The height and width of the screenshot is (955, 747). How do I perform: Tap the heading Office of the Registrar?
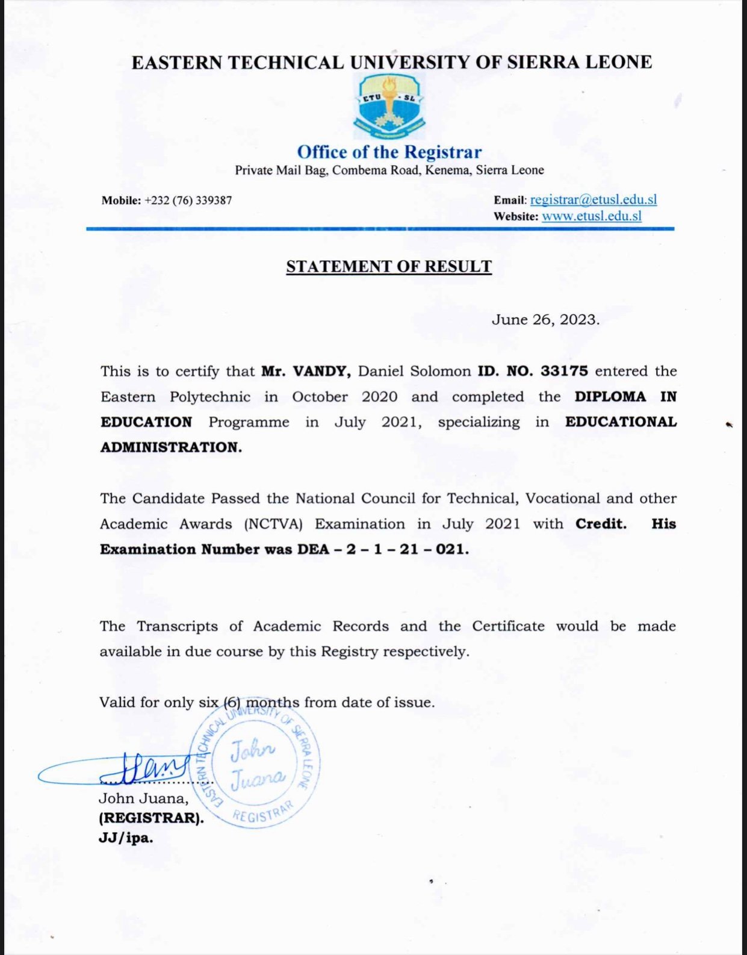click(389, 152)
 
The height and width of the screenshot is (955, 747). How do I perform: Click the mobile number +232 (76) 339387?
click(188, 201)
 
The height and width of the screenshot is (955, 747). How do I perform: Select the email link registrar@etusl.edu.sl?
click(593, 200)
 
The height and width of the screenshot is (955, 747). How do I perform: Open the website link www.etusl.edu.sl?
click(591, 216)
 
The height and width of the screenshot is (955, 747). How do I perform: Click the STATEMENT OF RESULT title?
click(389, 267)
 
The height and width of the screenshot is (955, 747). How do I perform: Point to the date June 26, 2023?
click(545, 320)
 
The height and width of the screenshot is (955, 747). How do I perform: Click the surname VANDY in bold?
click(321, 371)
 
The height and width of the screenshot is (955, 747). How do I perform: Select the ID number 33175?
click(564, 371)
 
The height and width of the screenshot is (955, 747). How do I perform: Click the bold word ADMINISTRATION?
click(170, 447)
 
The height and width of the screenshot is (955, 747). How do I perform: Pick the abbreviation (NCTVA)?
click(273, 524)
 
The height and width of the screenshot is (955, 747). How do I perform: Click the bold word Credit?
click(601, 524)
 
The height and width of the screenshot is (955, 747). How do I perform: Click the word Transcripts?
click(177, 626)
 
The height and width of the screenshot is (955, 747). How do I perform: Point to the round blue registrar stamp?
click(255, 765)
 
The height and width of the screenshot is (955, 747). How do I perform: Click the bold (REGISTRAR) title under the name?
click(151, 818)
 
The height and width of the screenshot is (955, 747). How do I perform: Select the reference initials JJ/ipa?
click(126, 838)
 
